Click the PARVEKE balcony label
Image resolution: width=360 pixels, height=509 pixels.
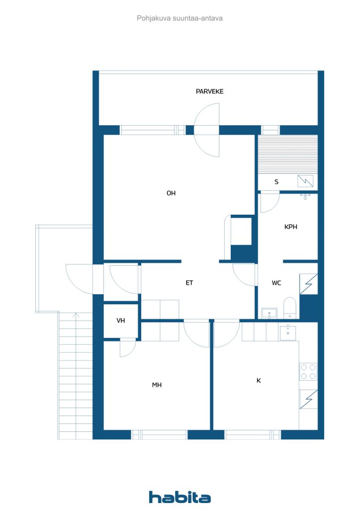point(209,91)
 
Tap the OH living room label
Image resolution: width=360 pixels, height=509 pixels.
point(171,193)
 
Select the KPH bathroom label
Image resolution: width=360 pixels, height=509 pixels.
point(290,227)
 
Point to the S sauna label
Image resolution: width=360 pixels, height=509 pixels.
point(276,182)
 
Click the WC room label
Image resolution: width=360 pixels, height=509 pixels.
point(276,283)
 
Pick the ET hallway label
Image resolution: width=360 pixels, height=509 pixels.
point(189,283)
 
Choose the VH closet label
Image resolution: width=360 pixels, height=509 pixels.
point(121,321)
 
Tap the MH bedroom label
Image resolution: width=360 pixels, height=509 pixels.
point(157,385)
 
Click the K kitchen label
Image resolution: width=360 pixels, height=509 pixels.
point(259,380)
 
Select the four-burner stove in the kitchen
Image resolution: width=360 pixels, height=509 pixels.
point(308,372)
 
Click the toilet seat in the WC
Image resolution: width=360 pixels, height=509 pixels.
point(289,308)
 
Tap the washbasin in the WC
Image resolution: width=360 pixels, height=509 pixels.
point(270,314)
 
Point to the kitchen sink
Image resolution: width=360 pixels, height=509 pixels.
point(287,333)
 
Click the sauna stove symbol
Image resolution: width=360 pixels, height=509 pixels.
point(305,181)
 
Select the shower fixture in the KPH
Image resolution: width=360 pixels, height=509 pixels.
point(305,196)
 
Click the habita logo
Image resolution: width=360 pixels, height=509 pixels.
point(180,497)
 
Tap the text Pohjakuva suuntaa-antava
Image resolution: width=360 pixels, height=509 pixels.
point(180,18)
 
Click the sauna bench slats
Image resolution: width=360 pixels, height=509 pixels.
point(287,155)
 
